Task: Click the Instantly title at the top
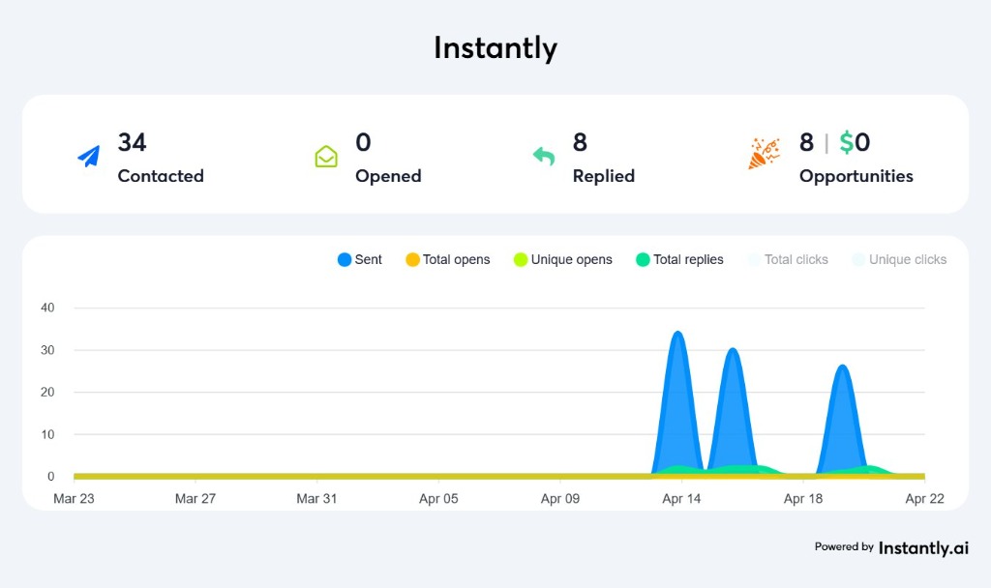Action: click(x=495, y=48)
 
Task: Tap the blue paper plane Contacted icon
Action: click(x=89, y=156)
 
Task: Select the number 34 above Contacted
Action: click(x=132, y=142)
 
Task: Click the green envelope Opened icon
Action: click(x=326, y=156)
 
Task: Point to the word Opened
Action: click(x=388, y=176)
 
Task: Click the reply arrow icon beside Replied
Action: click(x=544, y=156)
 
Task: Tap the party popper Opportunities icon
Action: click(x=764, y=154)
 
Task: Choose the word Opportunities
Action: click(x=856, y=176)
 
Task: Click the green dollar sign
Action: click(x=846, y=143)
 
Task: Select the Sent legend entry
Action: click(x=359, y=259)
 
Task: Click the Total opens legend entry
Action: click(x=447, y=259)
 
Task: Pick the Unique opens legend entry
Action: click(x=562, y=259)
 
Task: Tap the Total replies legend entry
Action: click(x=679, y=259)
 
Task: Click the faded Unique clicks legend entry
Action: click(x=899, y=259)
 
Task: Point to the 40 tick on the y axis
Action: click(x=47, y=308)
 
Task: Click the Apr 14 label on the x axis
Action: click(x=681, y=499)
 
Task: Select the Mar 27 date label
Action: click(x=195, y=499)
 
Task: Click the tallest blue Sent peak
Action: click(x=677, y=334)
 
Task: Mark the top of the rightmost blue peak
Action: click(x=842, y=367)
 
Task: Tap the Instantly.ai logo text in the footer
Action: click(x=923, y=547)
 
